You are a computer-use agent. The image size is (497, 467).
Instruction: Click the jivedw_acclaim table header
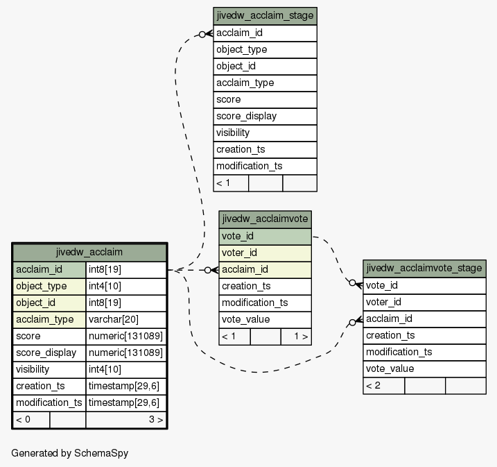tap(89, 252)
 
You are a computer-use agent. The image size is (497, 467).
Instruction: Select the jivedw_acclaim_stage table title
tap(265, 16)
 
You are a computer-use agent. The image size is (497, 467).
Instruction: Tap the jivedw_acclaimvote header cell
tap(265, 219)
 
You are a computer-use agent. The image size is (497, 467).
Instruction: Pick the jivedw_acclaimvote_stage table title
tap(424, 269)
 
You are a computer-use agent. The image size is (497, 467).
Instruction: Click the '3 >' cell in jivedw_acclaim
tap(126, 420)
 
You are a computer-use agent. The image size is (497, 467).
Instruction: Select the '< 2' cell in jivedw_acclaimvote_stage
tap(383, 386)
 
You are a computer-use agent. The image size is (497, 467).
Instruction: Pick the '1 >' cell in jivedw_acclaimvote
tap(296, 337)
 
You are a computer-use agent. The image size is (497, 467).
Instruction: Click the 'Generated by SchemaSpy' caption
tap(70, 453)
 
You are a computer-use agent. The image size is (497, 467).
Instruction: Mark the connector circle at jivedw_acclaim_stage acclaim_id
tap(202, 35)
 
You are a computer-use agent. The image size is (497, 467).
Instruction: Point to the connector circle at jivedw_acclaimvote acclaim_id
tap(208, 271)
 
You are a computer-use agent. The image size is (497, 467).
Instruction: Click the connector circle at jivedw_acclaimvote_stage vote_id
tap(352, 282)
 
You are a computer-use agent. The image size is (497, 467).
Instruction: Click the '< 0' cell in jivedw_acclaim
tap(31, 420)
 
